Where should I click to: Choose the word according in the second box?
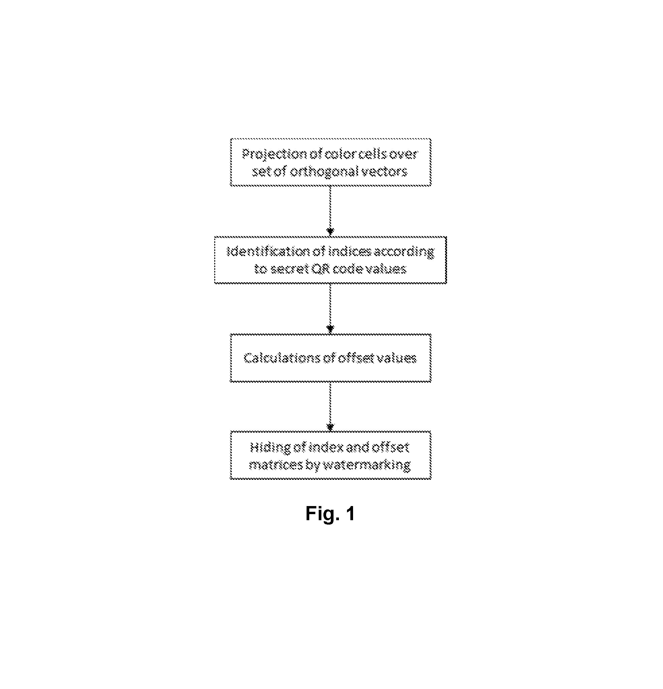pyautogui.click(x=404, y=252)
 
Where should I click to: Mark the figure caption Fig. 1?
pyautogui.click(x=330, y=513)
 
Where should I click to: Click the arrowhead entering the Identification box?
pyautogui.click(x=330, y=232)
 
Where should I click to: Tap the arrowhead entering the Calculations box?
pyautogui.click(x=330, y=330)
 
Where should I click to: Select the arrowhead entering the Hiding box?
pyautogui.click(x=330, y=427)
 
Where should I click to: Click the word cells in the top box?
pyautogui.click(x=370, y=154)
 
